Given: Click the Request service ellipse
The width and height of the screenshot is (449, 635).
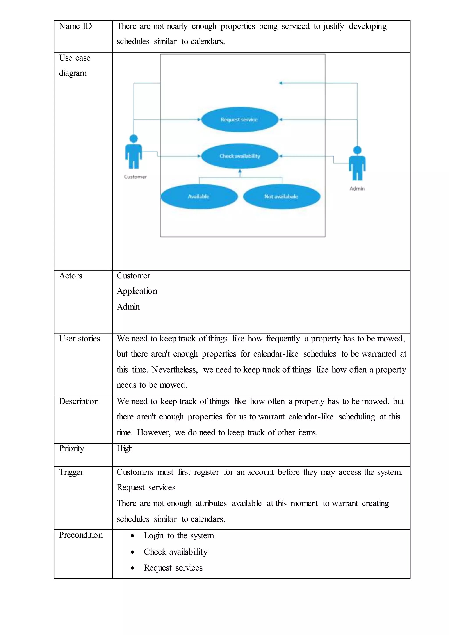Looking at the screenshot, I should point(239,120).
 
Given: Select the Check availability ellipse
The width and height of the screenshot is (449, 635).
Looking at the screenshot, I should point(240,156).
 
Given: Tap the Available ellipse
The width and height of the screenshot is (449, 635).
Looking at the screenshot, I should point(199,196).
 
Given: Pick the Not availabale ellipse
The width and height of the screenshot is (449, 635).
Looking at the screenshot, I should point(282,196).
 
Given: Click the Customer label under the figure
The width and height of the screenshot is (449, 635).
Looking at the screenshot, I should point(135,177).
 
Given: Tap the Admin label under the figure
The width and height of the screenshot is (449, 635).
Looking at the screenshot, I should point(357,189).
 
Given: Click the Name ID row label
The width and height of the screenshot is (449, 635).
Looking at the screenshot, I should point(75,26).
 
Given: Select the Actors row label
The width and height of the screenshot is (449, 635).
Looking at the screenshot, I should point(71,276).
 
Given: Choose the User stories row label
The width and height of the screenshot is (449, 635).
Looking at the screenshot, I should point(79,339).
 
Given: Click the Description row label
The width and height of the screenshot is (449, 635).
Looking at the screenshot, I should point(79,401).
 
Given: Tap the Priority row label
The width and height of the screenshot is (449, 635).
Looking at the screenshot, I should point(71,448).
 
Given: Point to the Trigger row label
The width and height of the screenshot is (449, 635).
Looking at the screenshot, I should point(71,472).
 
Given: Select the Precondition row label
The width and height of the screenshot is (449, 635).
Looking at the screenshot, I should point(81,535).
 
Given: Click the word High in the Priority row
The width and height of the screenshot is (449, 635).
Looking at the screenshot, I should point(125,448).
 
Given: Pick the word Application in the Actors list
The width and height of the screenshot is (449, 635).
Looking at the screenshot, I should point(137,291).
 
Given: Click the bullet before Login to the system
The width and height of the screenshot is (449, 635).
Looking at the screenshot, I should point(133,536).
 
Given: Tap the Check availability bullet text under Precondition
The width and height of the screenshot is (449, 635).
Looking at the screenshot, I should point(176,552).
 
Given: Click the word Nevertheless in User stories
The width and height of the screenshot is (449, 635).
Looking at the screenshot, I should point(175,370).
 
